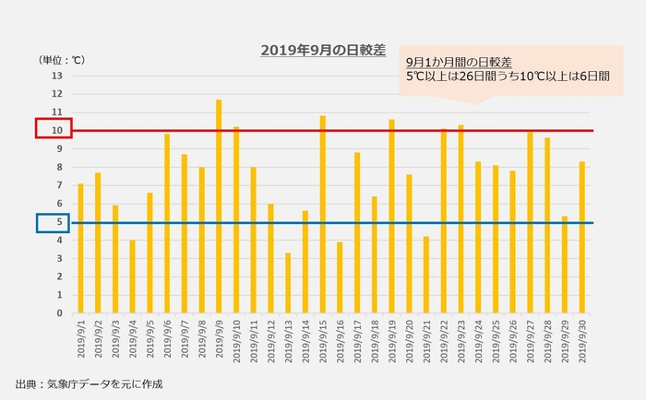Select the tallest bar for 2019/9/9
point(219,206)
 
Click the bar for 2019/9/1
point(80,249)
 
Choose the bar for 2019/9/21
point(426,275)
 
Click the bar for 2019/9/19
point(391,217)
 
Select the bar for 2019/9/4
point(132,276)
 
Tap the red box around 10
point(47,129)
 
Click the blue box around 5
point(47,222)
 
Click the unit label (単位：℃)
point(61,60)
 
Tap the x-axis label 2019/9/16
point(340,342)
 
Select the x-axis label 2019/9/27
point(530,342)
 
